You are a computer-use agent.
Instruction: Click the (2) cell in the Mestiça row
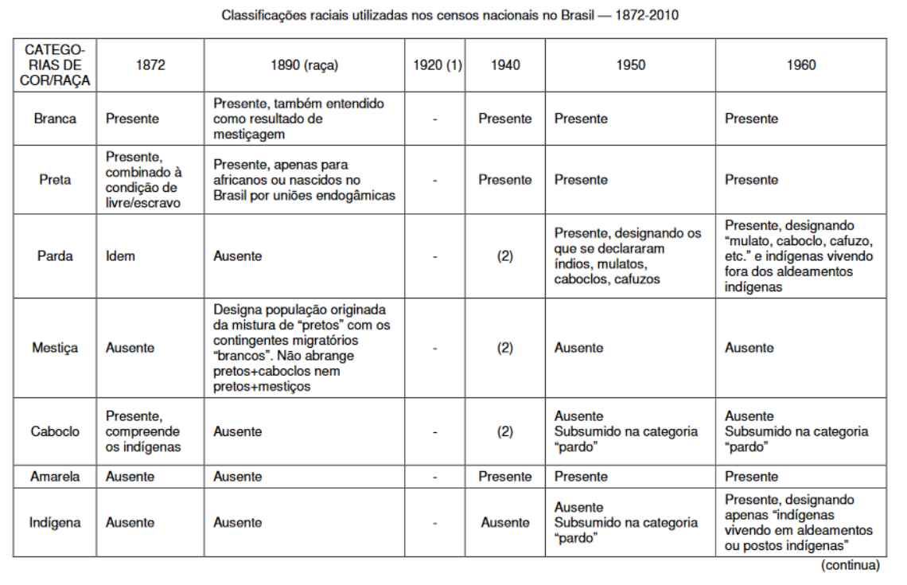pyautogui.click(x=504, y=348)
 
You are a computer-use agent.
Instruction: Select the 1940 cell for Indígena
pyautogui.click(x=504, y=523)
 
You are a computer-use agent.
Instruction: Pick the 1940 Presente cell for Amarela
pyautogui.click(x=504, y=476)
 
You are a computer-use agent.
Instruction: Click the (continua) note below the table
pyautogui.click(x=852, y=566)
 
